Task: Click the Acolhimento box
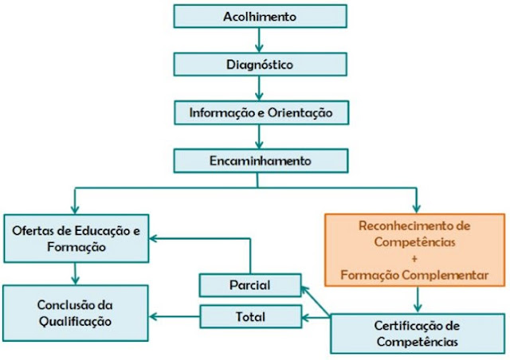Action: click(x=261, y=16)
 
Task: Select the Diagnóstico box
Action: click(x=261, y=64)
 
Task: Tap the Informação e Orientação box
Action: click(x=261, y=112)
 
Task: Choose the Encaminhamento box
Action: click(x=261, y=160)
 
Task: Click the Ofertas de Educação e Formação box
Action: click(x=76, y=238)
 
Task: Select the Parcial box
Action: click(x=249, y=284)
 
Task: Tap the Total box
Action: click(x=249, y=316)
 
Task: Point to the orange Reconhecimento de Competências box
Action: click(x=414, y=248)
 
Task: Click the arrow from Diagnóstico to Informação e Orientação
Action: click(x=257, y=88)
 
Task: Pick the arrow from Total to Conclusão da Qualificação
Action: click(x=175, y=317)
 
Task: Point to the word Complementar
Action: click(x=451, y=275)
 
